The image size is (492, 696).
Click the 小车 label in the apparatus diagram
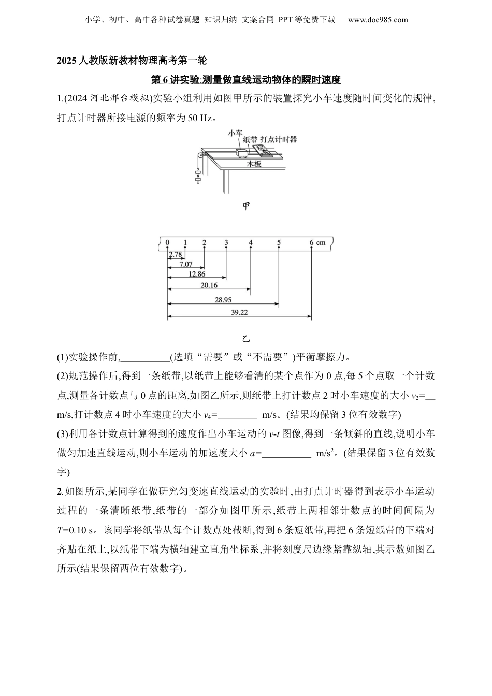(235, 133)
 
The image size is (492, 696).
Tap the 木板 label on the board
(254, 164)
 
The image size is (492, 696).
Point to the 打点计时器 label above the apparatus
(279, 139)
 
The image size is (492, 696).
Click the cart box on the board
(242, 153)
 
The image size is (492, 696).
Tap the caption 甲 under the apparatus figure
(246, 206)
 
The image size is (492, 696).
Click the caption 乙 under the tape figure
(246, 339)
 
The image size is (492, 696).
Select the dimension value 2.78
(175, 254)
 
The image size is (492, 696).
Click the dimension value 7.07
(185, 264)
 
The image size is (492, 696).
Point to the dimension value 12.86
(197, 274)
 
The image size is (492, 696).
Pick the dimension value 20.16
(209, 285)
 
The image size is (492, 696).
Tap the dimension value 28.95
(223, 299)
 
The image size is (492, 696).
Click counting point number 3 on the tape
(226, 242)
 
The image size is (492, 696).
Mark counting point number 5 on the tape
(279, 242)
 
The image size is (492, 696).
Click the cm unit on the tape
(322, 242)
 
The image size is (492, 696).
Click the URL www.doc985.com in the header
(378, 20)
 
